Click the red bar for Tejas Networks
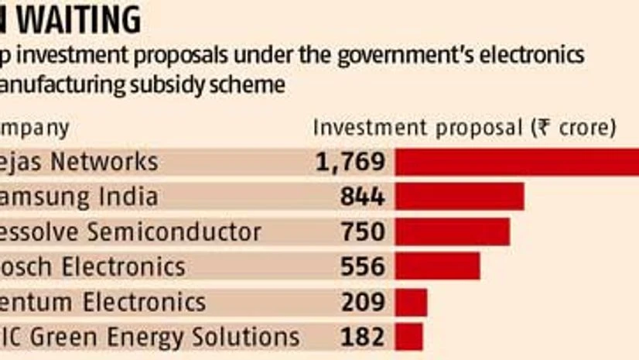click(517, 161)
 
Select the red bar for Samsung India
click(460, 197)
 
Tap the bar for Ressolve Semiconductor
click(453, 231)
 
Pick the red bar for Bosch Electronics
click(438, 266)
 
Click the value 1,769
click(350, 161)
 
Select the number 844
click(362, 197)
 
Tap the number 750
click(362, 231)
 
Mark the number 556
click(362, 266)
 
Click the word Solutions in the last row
click(248, 337)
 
